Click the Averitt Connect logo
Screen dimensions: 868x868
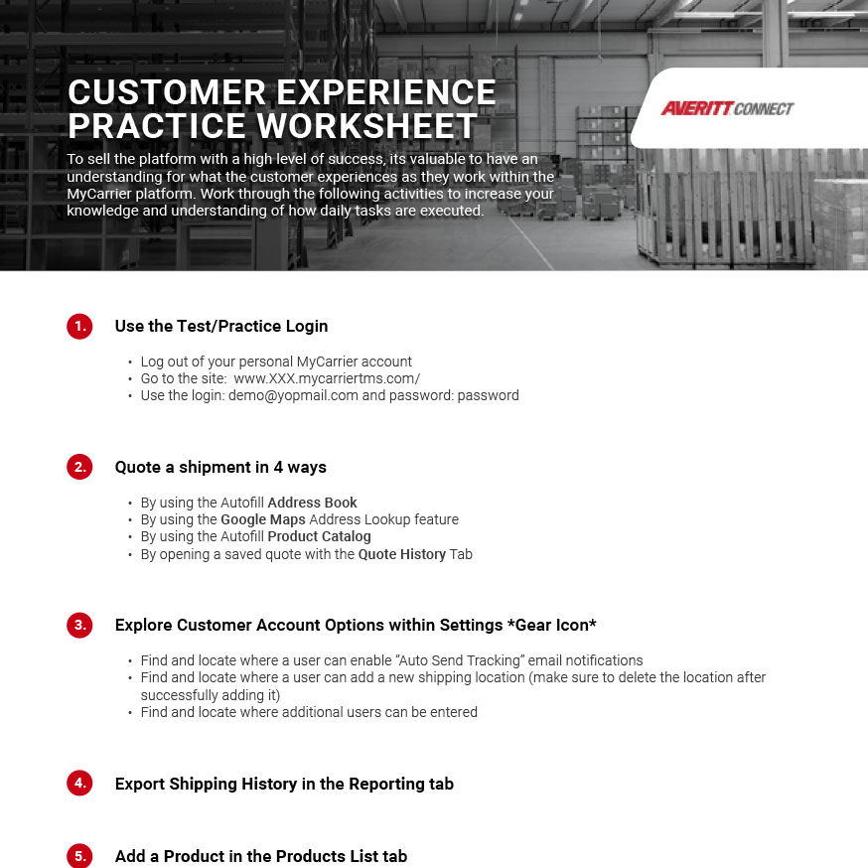(x=727, y=108)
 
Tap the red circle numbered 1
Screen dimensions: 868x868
(x=79, y=326)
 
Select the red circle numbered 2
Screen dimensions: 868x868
(x=79, y=467)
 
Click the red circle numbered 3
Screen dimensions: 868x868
(x=79, y=625)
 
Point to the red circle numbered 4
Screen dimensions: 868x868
(x=79, y=784)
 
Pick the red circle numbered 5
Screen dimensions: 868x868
(x=79, y=856)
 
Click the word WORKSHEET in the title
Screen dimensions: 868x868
(x=367, y=126)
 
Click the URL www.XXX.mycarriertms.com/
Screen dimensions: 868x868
(x=327, y=378)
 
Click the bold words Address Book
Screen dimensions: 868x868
(x=312, y=503)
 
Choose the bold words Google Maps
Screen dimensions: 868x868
(x=262, y=519)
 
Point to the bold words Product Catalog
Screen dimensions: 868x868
(x=319, y=536)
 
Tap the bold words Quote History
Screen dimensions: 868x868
(x=401, y=554)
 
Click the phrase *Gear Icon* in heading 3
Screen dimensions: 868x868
(x=551, y=625)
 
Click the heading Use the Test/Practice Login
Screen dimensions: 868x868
(x=221, y=326)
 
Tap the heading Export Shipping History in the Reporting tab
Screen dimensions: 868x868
(x=284, y=784)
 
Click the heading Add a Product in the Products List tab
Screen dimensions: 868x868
(x=261, y=856)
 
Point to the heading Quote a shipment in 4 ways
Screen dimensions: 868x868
(x=220, y=467)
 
